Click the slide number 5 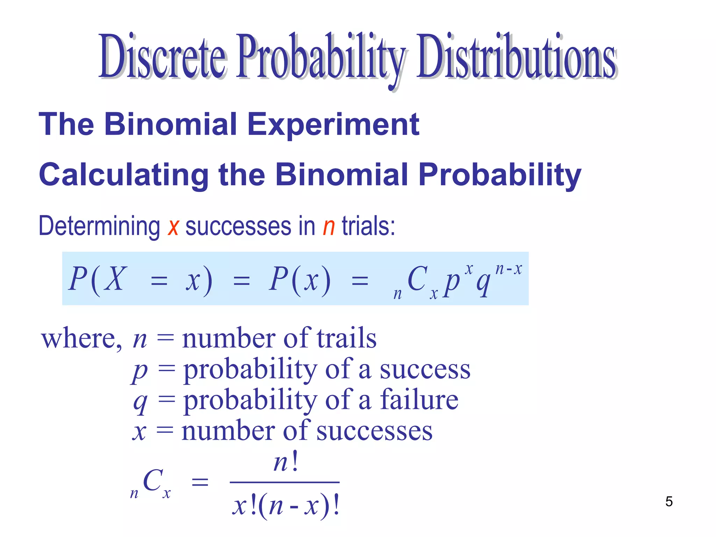coord(669,501)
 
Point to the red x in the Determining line coord(173,227)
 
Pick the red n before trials coord(329,227)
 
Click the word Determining coord(99,227)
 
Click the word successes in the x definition coord(374,431)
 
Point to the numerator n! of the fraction coord(286,462)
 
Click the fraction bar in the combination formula coord(285,482)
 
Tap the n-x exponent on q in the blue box coord(509,269)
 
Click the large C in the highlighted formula coord(417,279)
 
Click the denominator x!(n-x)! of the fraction coord(286,506)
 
